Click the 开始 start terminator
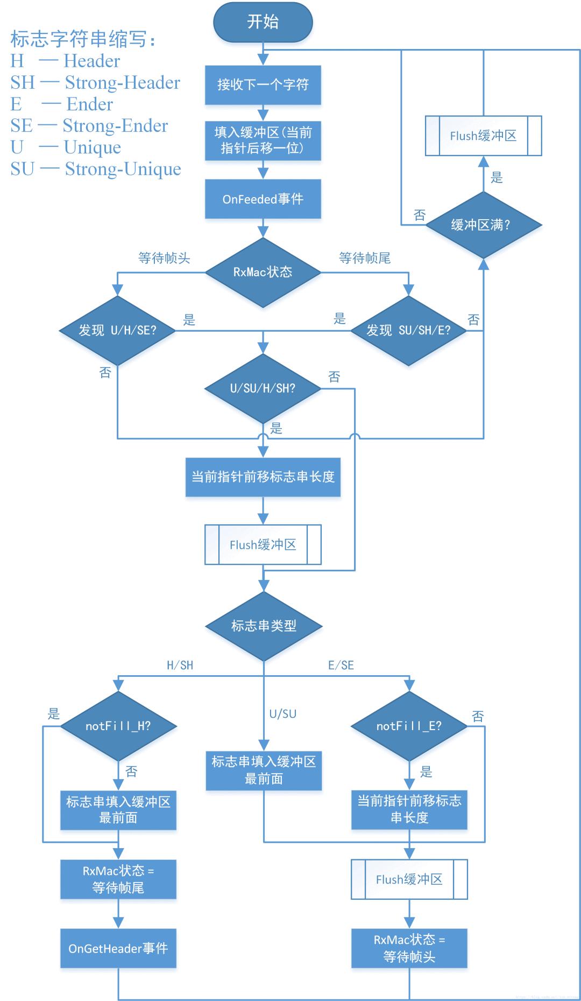point(263,22)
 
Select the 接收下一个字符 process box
point(263,85)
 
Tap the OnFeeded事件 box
point(263,199)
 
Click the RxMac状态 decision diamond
point(263,272)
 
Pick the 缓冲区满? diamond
point(483,225)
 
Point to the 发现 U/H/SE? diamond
point(117,330)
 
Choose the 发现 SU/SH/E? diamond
point(408,330)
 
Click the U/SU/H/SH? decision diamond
point(263,388)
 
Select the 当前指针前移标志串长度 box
point(263,477)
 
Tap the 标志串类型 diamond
point(263,626)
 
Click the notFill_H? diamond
point(118,726)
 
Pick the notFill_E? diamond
point(409,726)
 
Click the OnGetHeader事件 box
point(118,948)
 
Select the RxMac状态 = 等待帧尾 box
point(118,879)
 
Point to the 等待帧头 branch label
point(164,258)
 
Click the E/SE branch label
point(341,665)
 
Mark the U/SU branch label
point(282,713)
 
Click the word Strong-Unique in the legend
point(123,169)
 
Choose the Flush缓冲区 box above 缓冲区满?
point(483,136)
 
